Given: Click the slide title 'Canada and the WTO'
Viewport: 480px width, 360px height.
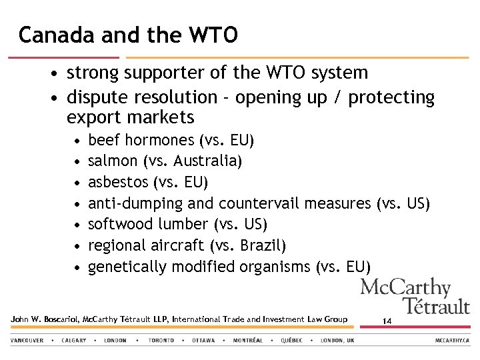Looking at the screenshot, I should [127, 35].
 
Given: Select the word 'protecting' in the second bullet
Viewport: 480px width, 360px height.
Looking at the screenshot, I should [391, 97].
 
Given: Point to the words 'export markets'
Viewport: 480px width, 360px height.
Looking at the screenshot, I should [130, 118].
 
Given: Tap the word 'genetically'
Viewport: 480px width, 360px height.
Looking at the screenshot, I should [127, 267].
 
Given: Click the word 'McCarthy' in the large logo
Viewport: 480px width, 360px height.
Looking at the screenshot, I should [405, 288].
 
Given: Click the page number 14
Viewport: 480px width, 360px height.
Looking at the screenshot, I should [387, 321].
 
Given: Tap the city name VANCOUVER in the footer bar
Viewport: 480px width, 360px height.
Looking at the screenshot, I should [27, 340].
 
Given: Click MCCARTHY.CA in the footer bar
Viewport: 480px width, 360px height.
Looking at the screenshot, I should [453, 340].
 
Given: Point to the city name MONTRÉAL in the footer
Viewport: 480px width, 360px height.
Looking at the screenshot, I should [247, 340].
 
